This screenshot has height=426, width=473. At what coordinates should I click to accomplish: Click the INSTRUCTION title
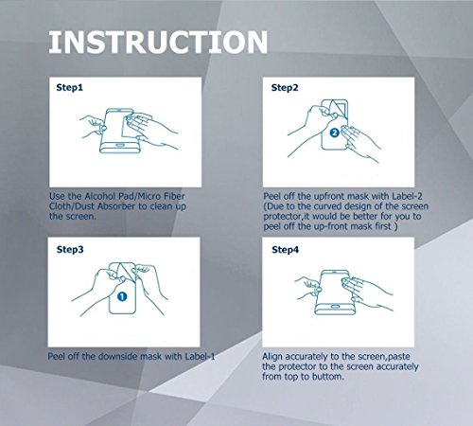coord(158,42)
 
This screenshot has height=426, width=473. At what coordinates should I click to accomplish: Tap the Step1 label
coord(70,88)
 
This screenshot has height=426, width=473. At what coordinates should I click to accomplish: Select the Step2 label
coord(285,88)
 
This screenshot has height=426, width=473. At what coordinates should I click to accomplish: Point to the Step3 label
coord(70,250)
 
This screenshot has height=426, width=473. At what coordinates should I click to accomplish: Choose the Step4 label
coord(285,250)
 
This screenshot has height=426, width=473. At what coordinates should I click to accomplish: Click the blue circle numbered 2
coord(335,133)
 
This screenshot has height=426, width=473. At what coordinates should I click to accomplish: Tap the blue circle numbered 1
coord(122,296)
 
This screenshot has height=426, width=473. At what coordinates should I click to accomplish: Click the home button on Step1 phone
coord(120,145)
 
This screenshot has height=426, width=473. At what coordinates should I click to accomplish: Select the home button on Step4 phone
coord(335,307)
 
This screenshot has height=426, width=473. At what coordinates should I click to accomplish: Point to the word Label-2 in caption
coord(407,196)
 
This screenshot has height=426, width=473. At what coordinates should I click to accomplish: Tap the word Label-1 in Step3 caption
coord(200,357)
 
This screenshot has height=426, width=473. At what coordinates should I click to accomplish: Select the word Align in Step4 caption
coord(272,357)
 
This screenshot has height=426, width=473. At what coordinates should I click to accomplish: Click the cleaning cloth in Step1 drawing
coord(134,126)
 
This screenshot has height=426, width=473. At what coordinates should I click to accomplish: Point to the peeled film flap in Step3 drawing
coord(125,272)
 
